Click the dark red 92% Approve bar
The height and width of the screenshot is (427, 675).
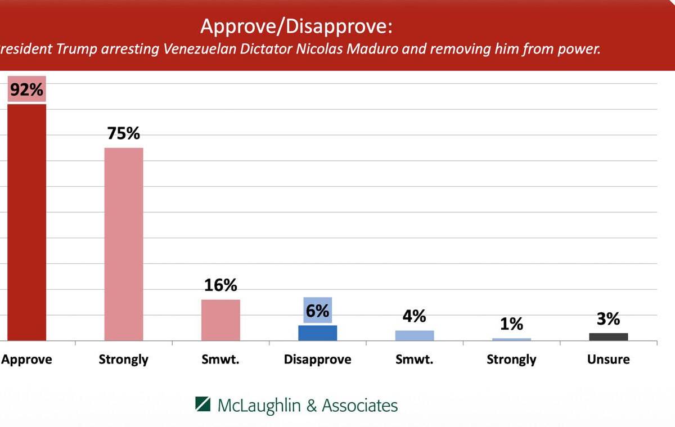coord(26,222)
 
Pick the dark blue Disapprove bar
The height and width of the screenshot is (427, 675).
coord(317,332)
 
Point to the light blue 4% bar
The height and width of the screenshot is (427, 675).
coord(415,335)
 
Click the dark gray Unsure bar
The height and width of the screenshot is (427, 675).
coord(609,336)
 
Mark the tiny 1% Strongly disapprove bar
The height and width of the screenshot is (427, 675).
coord(511,339)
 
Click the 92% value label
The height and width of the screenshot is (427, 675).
coord(26,90)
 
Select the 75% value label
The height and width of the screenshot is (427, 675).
coord(124,133)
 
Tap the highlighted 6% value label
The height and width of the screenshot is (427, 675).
coord(318,310)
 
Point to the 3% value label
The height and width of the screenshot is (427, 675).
coord(609,319)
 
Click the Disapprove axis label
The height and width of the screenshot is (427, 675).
coord(318,359)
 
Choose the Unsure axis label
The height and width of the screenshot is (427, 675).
coord(609,359)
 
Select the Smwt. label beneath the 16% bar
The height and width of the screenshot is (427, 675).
coord(220,359)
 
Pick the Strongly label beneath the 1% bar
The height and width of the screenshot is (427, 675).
coord(511,359)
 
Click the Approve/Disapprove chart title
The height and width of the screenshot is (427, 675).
coord(296,26)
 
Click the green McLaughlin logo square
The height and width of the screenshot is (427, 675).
coord(203,404)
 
